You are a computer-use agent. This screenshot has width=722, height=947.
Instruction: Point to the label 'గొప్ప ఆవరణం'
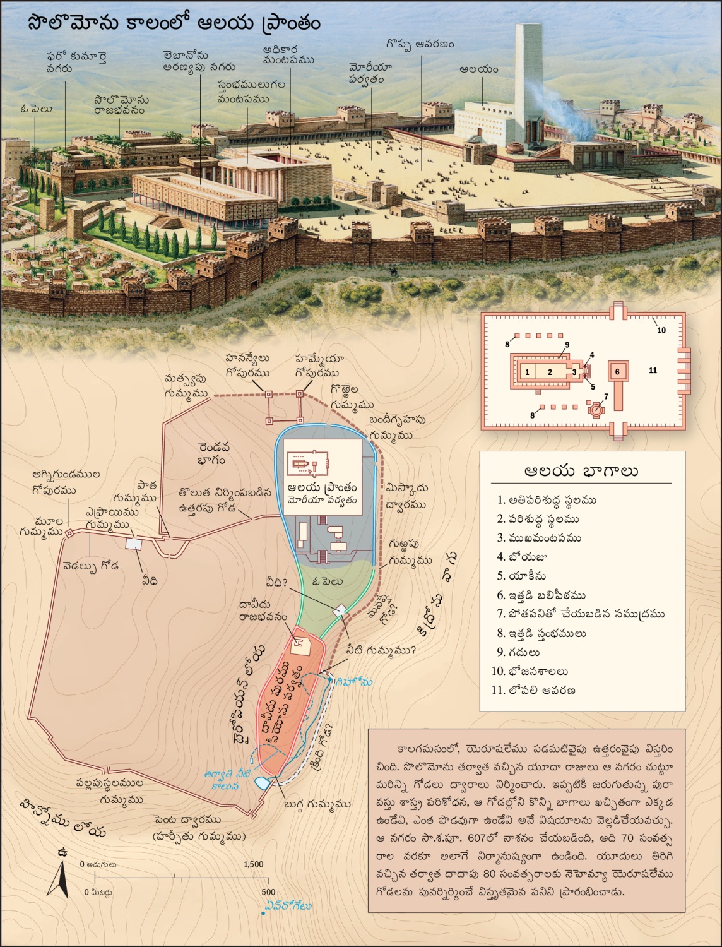click(x=420, y=45)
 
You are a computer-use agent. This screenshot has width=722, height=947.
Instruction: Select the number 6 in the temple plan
click(x=617, y=372)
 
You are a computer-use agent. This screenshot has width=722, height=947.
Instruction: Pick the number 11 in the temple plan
click(x=653, y=371)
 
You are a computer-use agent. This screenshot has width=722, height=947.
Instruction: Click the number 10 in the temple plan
click(x=661, y=330)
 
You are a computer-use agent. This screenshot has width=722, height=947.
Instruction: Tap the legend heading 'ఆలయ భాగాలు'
click(x=581, y=472)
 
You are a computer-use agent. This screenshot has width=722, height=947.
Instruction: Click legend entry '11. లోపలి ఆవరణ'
click(x=533, y=690)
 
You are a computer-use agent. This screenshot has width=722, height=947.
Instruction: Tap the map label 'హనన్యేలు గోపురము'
click(x=247, y=366)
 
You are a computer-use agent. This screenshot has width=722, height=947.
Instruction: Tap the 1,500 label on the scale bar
click(x=253, y=864)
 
